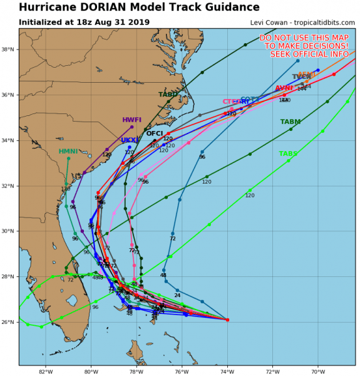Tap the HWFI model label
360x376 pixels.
(x=131, y=120)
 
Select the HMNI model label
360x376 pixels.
(x=68, y=152)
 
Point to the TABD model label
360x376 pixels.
(x=168, y=95)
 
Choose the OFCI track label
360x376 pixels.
(x=155, y=133)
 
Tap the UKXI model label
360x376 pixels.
(x=129, y=140)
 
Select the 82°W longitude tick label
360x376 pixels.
(x=45, y=371)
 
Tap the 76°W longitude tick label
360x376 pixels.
(x=182, y=371)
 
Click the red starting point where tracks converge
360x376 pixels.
(x=227, y=320)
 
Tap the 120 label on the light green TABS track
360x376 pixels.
(x=250, y=196)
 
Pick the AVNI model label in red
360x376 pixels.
(x=284, y=88)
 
